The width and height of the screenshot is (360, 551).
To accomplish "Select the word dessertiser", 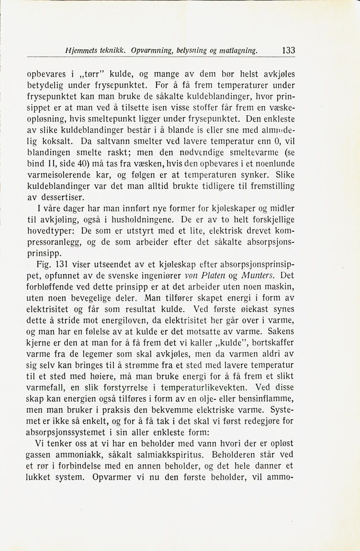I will pyautogui.click(x=64, y=196).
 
